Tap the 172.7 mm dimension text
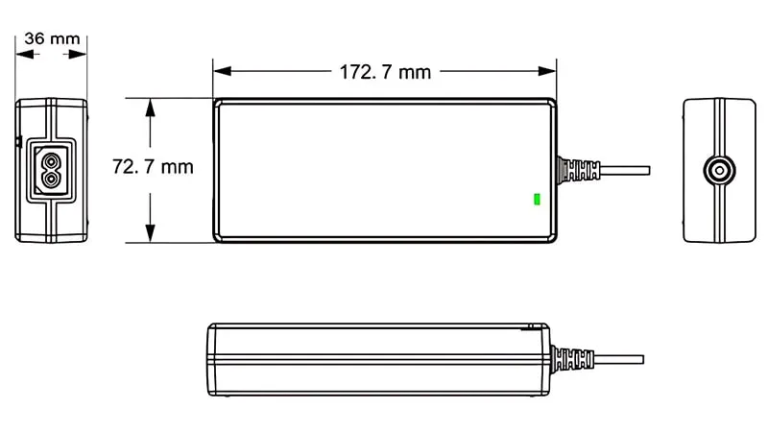[384, 71]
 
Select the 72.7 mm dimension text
[153, 166]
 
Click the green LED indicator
[537, 200]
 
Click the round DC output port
[718, 171]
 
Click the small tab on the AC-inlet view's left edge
[17, 142]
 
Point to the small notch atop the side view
[530, 326]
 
